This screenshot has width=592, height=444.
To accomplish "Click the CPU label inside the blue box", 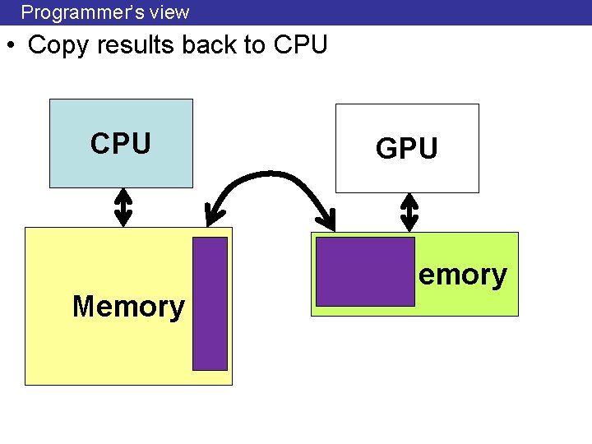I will [x=121, y=143].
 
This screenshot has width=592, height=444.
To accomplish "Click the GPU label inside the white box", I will [x=406, y=149].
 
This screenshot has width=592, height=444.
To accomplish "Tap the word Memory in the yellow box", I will [x=128, y=307].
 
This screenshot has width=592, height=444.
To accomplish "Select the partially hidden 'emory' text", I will [x=462, y=275].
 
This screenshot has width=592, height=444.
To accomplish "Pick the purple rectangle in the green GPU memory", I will [x=365, y=271].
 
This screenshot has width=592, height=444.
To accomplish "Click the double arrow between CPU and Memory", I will [x=123, y=207].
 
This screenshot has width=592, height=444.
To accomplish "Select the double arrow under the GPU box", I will [x=408, y=212].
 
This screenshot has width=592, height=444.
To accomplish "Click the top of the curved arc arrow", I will [x=271, y=173].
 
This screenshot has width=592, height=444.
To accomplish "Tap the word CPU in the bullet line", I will [x=300, y=45].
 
